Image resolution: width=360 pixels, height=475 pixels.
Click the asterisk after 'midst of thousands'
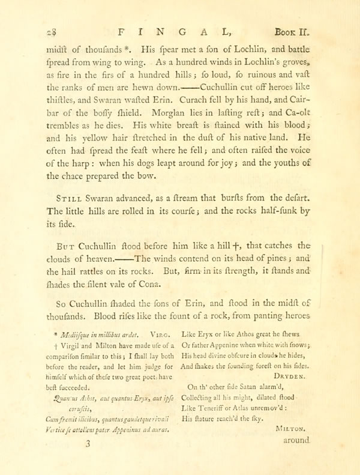click(x=124, y=49)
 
